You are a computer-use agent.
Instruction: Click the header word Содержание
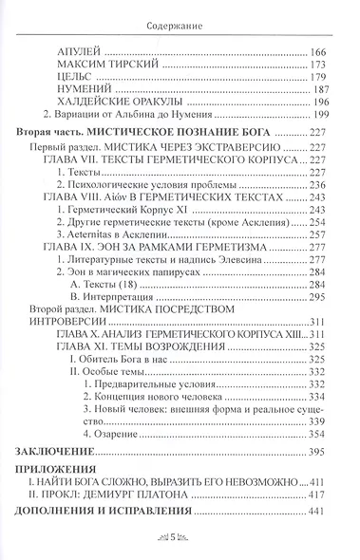coord(180,13)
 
